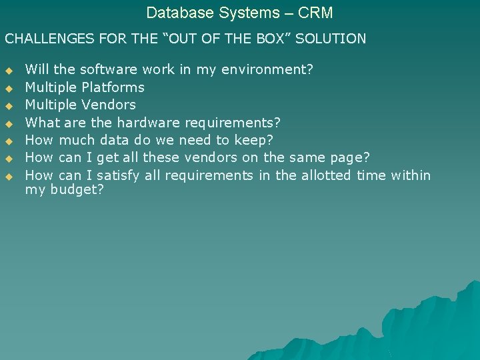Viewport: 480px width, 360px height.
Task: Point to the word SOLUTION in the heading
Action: [331, 39]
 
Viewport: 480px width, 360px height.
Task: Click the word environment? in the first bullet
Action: [267, 69]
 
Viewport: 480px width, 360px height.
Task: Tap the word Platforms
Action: [113, 87]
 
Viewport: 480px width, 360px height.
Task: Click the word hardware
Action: [149, 123]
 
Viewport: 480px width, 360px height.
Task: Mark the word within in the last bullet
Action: [410, 175]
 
